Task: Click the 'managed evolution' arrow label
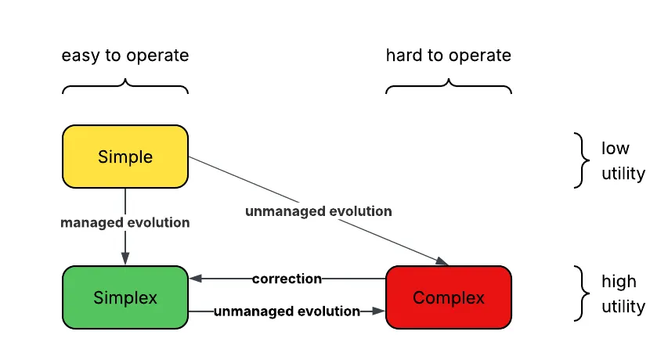[125, 223]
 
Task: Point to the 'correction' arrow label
[287, 279]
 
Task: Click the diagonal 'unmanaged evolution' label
[318, 211]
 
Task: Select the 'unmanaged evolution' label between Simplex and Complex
[287, 311]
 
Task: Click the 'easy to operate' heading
[125, 56]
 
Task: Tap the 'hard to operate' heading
[448, 56]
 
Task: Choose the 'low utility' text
[623, 160]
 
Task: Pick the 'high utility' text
[623, 293]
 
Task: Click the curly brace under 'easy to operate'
[125, 85]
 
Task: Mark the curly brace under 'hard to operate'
[448, 85]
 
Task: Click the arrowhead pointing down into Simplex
[125, 261]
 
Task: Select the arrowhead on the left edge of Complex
[381, 311]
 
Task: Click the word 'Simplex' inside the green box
[125, 297]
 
